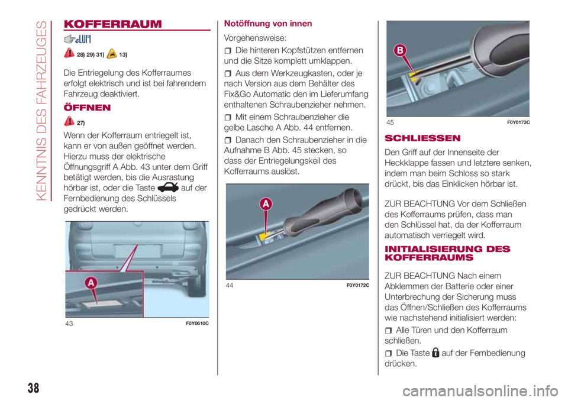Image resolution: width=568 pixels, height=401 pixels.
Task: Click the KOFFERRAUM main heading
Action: pyautogui.click(x=112, y=24)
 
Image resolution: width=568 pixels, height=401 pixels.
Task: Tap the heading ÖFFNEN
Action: pyautogui.click(x=87, y=108)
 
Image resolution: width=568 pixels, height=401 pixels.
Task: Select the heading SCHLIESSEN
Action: pyautogui.click(x=422, y=138)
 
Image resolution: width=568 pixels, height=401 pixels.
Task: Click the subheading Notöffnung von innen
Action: pyautogui.click(x=267, y=24)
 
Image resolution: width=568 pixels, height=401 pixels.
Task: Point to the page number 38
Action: pyautogui.click(x=33, y=388)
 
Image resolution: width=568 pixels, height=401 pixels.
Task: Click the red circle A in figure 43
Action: pyautogui.click(x=91, y=283)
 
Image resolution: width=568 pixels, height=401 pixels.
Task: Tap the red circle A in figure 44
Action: pyautogui.click(x=266, y=203)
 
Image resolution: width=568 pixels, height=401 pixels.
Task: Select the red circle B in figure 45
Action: pyautogui.click(x=400, y=50)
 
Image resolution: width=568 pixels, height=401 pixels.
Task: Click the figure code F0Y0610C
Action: pyautogui.click(x=197, y=323)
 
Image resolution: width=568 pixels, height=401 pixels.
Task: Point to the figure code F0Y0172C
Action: pyautogui.click(x=358, y=285)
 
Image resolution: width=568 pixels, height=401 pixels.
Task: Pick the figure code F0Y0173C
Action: pyautogui.click(x=518, y=122)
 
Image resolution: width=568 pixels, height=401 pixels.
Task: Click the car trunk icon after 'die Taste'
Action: pyautogui.click(x=168, y=187)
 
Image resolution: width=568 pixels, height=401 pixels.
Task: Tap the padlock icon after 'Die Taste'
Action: pyautogui.click(x=436, y=353)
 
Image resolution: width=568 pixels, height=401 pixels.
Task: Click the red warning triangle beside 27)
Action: pyautogui.click(x=69, y=121)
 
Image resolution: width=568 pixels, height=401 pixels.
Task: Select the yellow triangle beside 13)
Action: pyautogui.click(x=112, y=54)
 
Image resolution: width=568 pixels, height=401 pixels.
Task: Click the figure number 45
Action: pyautogui.click(x=390, y=122)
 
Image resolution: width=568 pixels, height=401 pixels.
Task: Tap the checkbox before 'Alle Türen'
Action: pyautogui.click(x=388, y=331)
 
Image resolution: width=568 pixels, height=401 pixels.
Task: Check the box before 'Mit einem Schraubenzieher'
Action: pyautogui.click(x=227, y=118)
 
